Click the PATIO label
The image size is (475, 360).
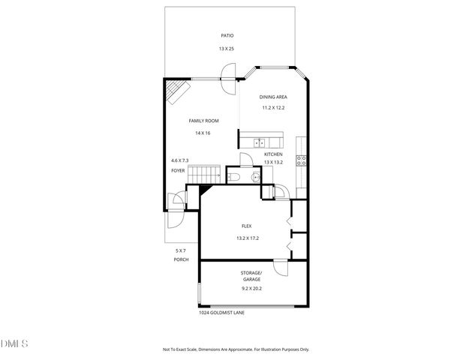coord(227,35)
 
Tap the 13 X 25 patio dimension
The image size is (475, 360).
coord(227,49)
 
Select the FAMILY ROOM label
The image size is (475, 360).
coord(203,120)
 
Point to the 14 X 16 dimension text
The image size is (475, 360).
coord(203,133)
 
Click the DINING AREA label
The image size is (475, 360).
coord(273,97)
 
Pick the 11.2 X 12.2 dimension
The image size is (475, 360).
coord(273,108)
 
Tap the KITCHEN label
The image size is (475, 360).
coord(272,154)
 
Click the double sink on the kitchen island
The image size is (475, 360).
coord(259,142)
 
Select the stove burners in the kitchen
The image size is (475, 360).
coord(302,159)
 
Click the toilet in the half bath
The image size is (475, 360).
coord(233,175)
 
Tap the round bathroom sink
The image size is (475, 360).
coord(255,176)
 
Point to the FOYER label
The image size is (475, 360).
coord(178,170)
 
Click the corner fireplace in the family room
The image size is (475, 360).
coord(175,92)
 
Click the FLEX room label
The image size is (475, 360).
coord(246,226)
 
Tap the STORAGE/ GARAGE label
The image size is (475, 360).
coord(251,275)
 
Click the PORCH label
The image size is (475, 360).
coord(180,259)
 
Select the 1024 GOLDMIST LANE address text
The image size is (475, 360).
coord(221,313)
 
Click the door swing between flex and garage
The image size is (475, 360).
coord(279,268)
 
